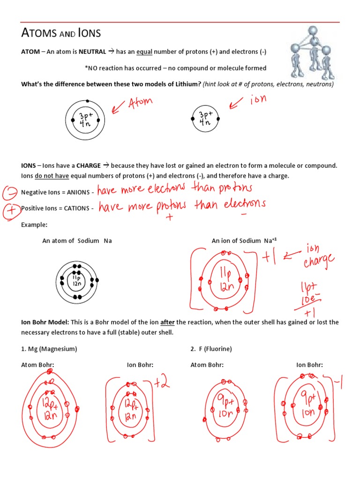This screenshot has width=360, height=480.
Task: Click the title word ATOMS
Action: click(39, 33)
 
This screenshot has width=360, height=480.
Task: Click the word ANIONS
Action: click(78, 193)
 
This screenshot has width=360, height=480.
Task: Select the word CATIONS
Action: click(77, 208)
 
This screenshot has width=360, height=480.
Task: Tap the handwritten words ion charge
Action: click(319, 255)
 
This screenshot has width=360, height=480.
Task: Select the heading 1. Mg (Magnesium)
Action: click(49, 349)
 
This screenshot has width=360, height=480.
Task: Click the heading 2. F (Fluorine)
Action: click(211, 349)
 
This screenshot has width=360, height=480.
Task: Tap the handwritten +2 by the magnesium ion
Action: click(161, 384)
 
